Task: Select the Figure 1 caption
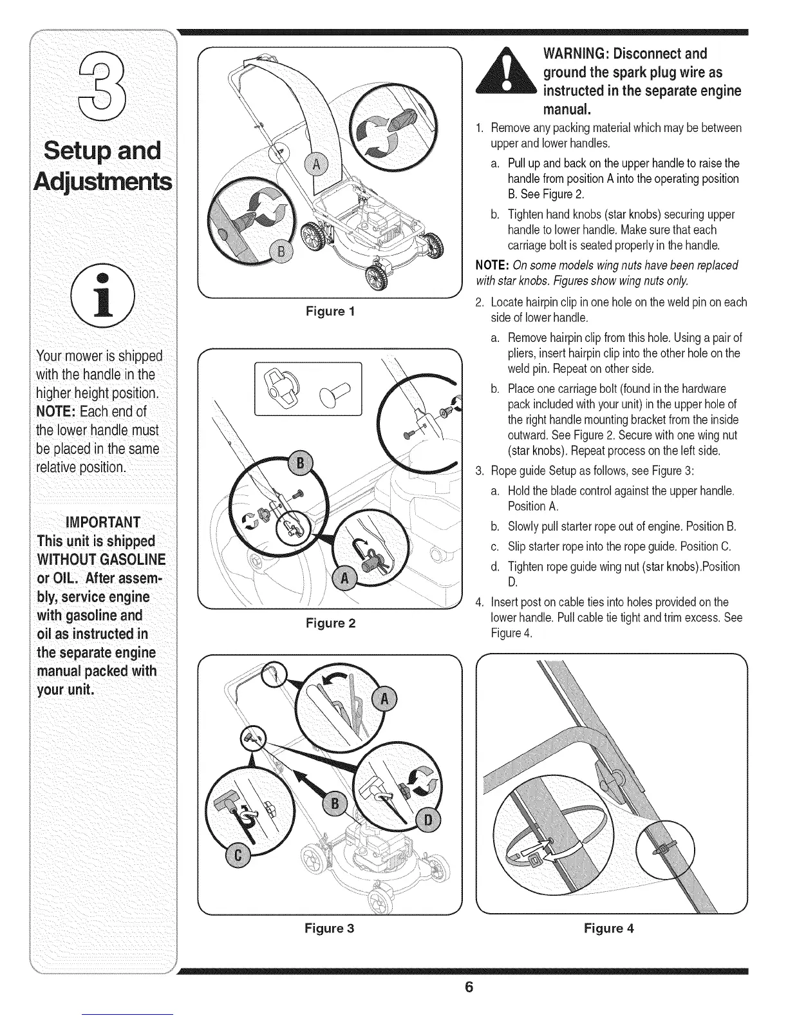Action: click(x=331, y=312)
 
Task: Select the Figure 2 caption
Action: click(x=331, y=623)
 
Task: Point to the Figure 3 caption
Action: click(x=330, y=928)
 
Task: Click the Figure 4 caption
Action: click(x=609, y=928)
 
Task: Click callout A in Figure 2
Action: click(x=345, y=578)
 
